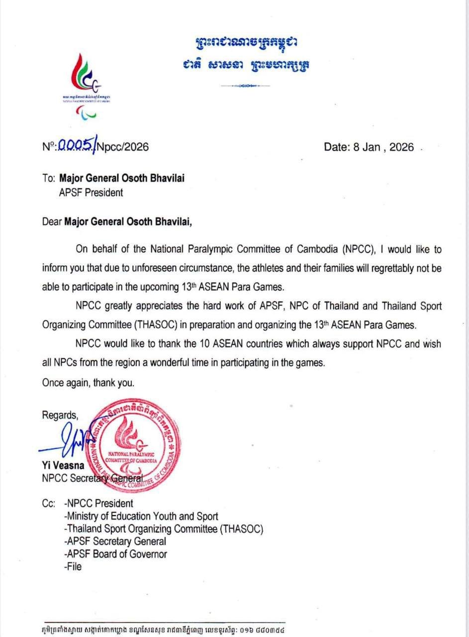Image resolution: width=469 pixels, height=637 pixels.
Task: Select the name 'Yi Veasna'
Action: [x=63, y=467]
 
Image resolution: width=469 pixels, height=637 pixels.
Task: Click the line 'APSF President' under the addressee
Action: [x=91, y=192]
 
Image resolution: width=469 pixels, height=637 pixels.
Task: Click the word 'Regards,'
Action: [x=60, y=415]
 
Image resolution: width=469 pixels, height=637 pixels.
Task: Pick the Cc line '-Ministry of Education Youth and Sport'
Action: [x=141, y=517]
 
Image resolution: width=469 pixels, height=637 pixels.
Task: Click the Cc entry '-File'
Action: [x=73, y=566]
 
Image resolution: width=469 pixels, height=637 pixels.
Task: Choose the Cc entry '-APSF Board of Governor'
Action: [x=115, y=553]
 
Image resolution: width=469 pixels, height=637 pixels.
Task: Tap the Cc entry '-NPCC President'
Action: [x=98, y=504]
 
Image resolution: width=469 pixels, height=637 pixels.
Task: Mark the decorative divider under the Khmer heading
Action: [x=245, y=86]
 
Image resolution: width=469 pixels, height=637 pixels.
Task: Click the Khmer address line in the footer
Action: [x=164, y=629]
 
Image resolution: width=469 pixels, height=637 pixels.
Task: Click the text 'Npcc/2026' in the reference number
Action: [x=122, y=147]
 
